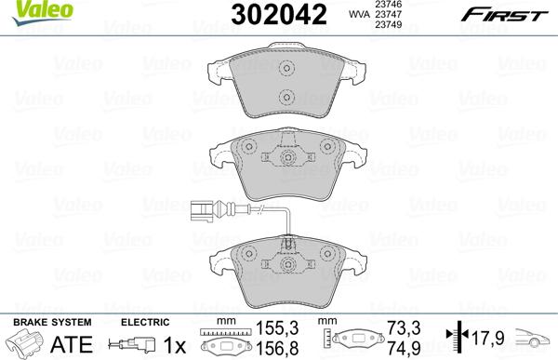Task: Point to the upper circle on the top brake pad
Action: tap(287, 69)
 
